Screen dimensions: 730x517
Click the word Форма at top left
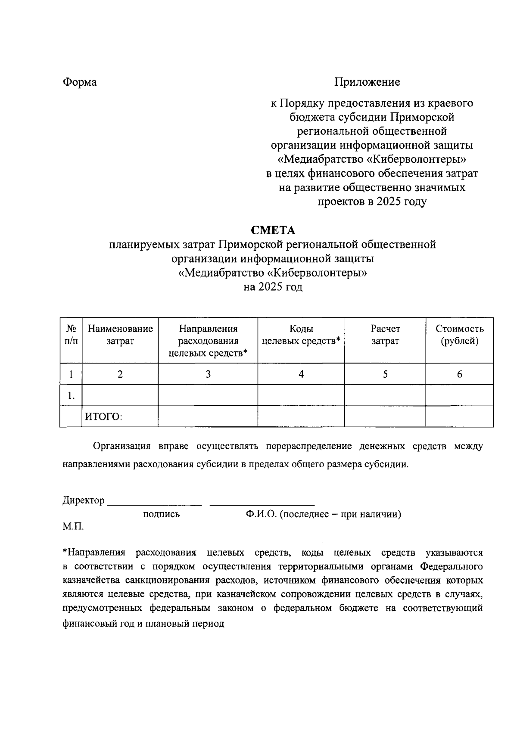(80, 82)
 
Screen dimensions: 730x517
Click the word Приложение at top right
(367, 82)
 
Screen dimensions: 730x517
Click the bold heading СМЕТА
(273, 231)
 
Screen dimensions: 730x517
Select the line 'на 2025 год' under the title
(273, 287)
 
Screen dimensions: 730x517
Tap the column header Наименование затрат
(120, 335)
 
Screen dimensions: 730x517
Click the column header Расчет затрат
(385, 335)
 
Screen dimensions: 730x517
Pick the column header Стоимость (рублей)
(459, 335)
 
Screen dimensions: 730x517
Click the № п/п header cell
(71, 335)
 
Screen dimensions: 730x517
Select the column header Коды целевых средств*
(301, 335)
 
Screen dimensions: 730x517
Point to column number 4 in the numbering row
(301, 374)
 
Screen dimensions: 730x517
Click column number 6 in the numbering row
(459, 374)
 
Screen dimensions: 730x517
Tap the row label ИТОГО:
(103, 416)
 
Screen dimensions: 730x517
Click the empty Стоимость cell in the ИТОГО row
(459, 416)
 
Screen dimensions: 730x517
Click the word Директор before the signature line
(83, 500)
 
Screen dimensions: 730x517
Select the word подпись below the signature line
(162, 514)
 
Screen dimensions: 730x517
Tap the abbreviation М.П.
(73, 526)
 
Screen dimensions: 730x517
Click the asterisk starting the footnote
(65, 552)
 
